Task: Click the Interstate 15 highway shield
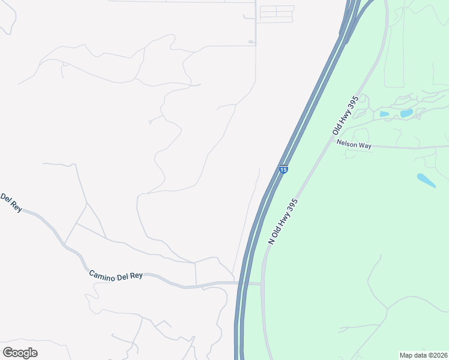(284, 170)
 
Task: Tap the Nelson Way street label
(354, 144)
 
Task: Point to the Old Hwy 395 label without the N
(346, 115)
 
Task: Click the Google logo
(19, 352)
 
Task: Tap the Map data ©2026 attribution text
(423, 355)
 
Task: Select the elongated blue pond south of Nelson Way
(426, 179)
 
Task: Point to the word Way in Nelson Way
(364, 145)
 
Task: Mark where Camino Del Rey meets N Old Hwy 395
(262, 284)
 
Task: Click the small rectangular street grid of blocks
(276, 14)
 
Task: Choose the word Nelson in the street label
(347, 143)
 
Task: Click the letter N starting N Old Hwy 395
(271, 241)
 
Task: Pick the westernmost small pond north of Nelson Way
(384, 114)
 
